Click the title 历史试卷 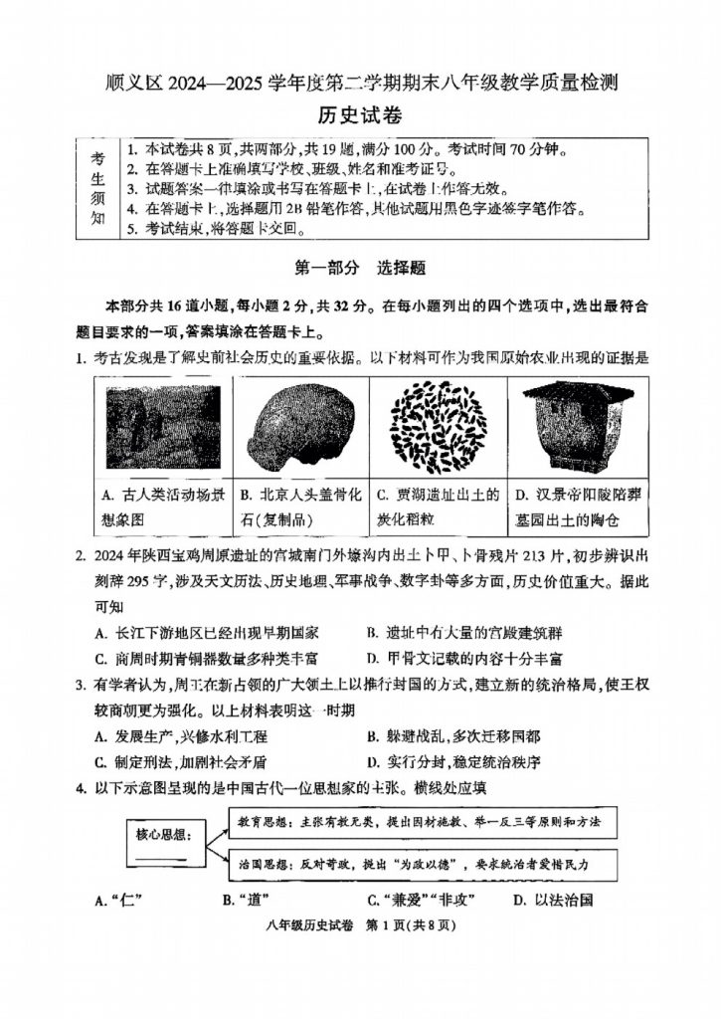(360, 115)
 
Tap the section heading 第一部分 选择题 (360, 267)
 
